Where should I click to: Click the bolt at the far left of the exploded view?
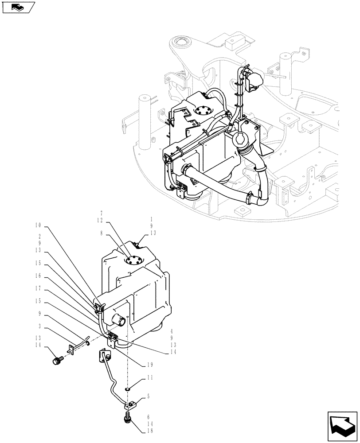pos(56,361)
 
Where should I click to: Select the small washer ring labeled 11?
pos(127,389)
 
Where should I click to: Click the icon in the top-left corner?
pos(18,7)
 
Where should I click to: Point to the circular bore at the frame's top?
pos(181,43)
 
